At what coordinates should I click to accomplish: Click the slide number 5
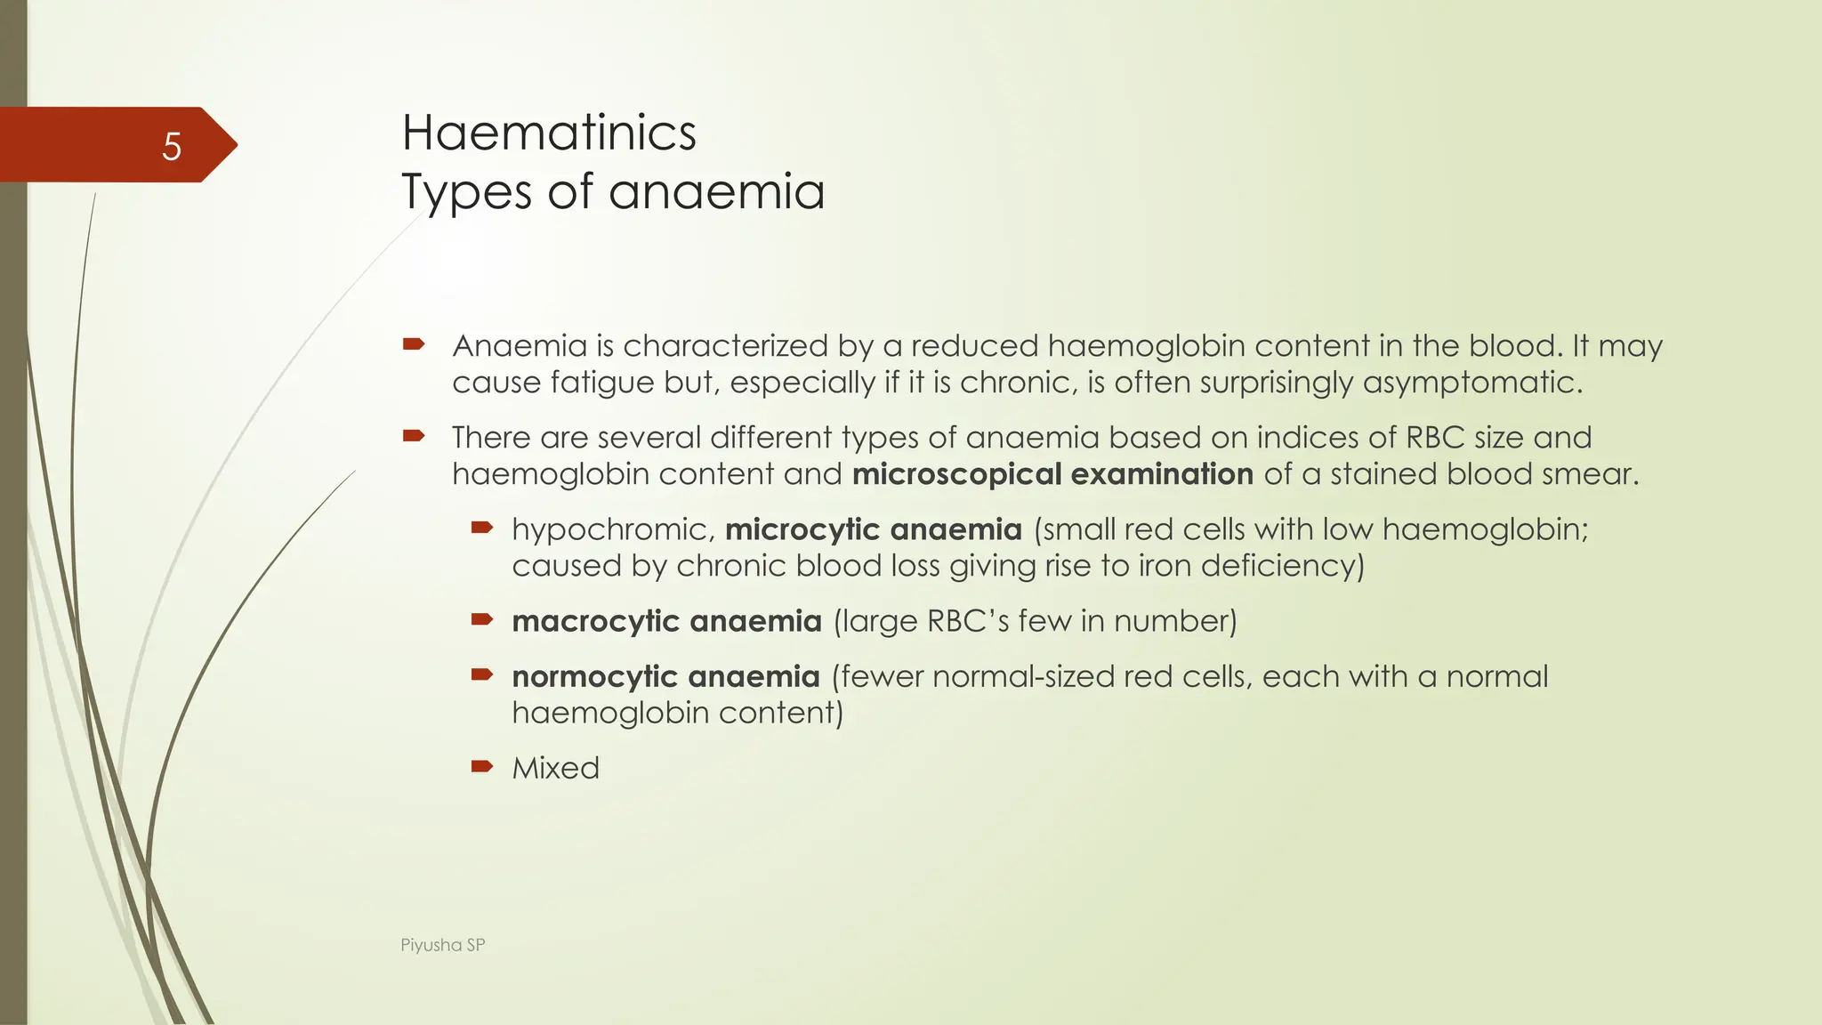[x=172, y=146]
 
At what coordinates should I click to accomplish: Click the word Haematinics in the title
[x=549, y=133]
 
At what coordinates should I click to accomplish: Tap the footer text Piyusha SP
[x=442, y=945]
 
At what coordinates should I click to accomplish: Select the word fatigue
[x=602, y=383]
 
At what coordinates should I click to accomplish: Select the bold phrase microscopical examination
[x=1052, y=474]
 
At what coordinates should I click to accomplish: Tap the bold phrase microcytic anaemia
[x=873, y=529]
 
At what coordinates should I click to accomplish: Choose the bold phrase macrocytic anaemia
[x=666, y=621]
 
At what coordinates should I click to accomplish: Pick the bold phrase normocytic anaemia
[x=665, y=677]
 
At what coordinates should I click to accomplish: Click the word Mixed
[x=555, y=768]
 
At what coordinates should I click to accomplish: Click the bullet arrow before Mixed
[x=481, y=766]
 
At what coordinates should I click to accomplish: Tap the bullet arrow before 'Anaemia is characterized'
[x=414, y=343]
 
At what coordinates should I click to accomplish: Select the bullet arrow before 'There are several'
[x=414, y=435]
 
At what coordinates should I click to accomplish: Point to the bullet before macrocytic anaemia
[x=481, y=618]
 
